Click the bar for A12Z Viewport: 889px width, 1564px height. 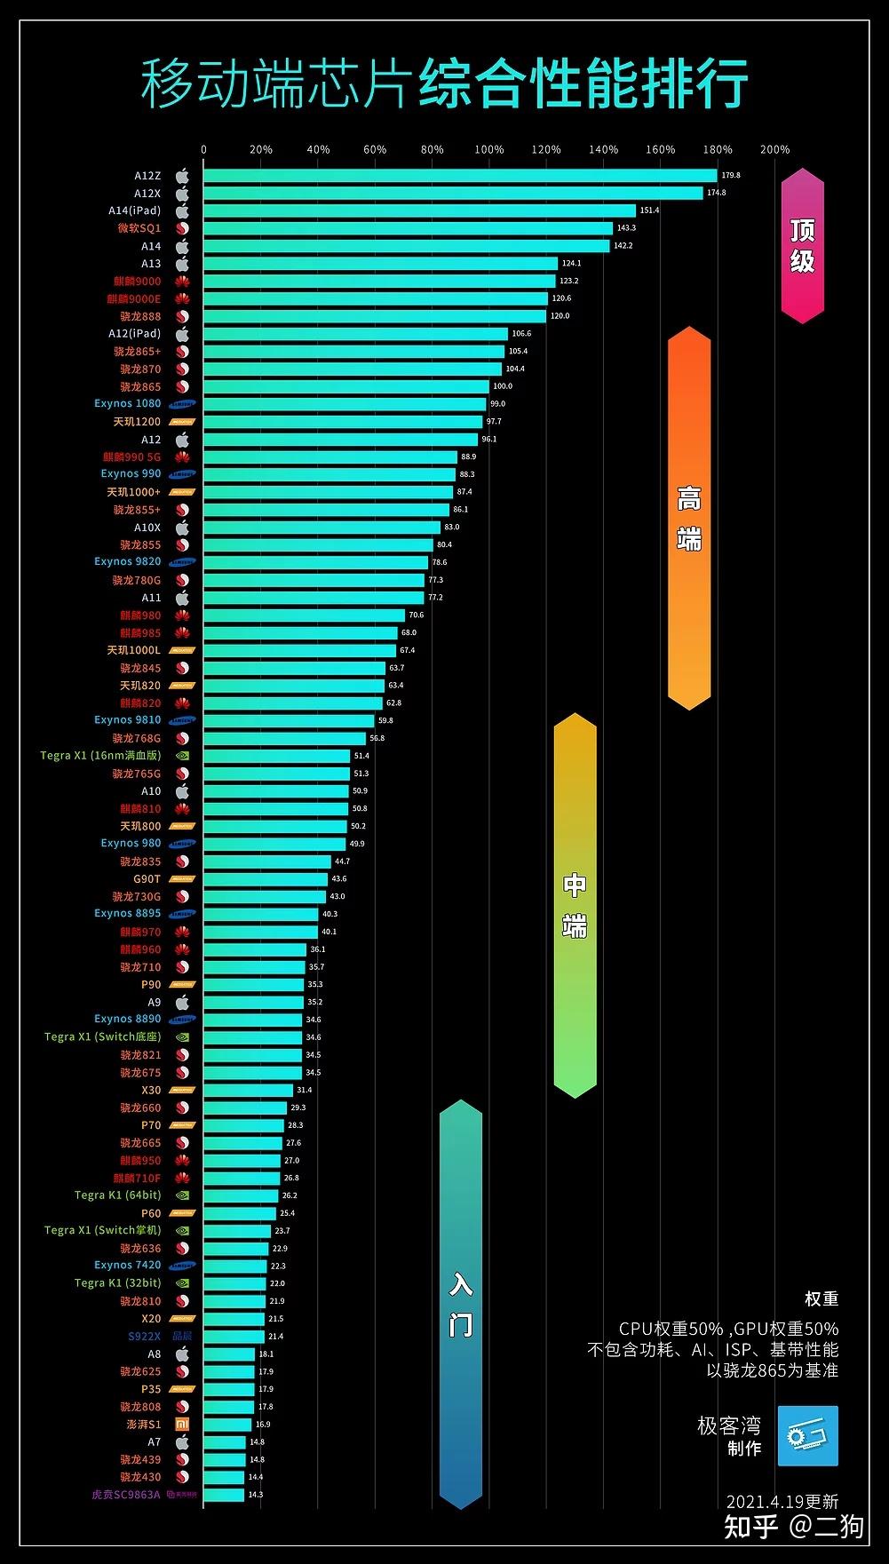click(459, 176)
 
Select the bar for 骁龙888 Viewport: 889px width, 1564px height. click(374, 316)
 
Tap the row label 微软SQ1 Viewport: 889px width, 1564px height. click(139, 228)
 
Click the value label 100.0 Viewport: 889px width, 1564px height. click(503, 386)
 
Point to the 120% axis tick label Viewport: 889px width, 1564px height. click(546, 149)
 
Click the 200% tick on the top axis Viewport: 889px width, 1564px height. click(774, 149)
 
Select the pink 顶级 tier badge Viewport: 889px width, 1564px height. click(802, 245)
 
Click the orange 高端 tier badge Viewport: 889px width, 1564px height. click(689, 519)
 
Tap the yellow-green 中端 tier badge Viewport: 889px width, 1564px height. click(575, 905)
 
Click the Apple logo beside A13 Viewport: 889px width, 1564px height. click(182, 264)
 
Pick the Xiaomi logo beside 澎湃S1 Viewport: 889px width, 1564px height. click(181, 1425)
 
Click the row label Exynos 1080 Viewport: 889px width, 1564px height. click(128, 404)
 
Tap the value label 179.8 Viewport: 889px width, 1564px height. click(731, 176)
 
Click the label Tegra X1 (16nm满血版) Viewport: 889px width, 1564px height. click(100, 756)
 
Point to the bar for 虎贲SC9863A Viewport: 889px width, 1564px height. click(223, 1495)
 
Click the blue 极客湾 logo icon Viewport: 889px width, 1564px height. click(807, 1436)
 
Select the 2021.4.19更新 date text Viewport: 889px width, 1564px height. click(782, 1502)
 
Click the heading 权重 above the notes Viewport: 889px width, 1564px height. click(821, 1299)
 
